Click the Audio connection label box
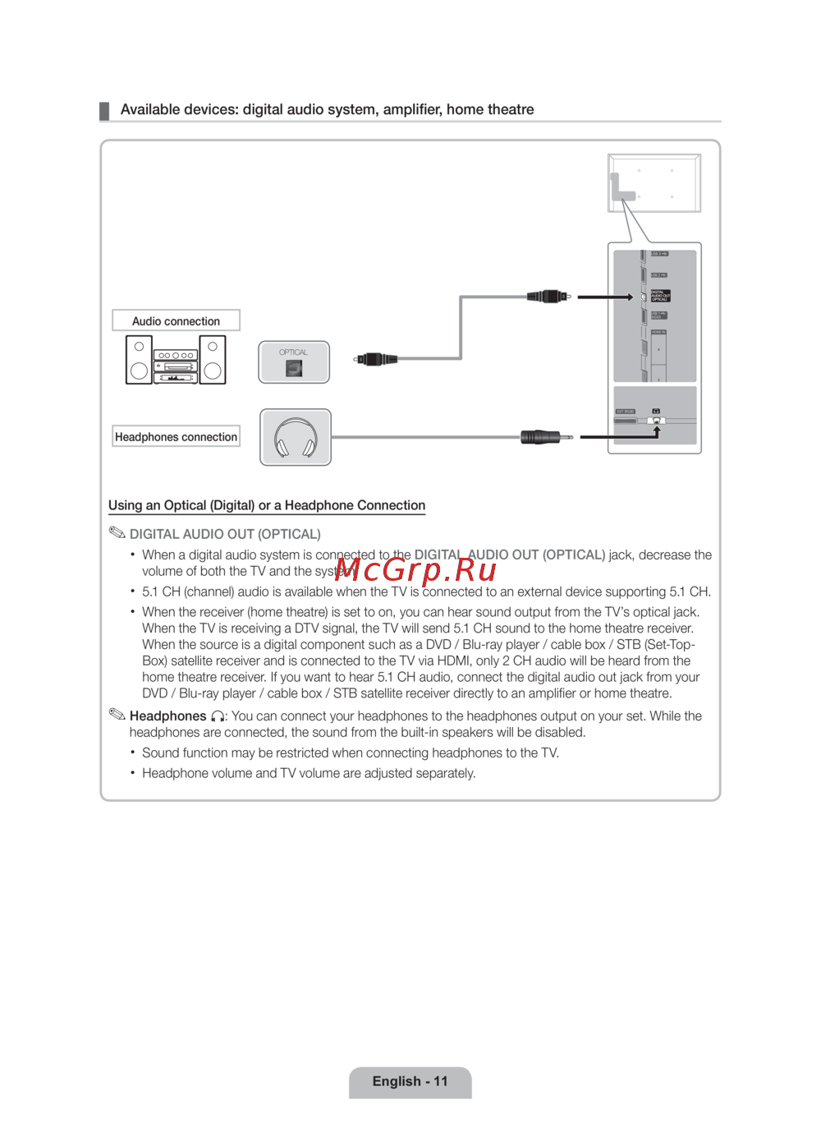pyautogui.click(x=176, y=320)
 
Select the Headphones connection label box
pyautogui.click(x=176, y=436)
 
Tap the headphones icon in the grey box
pyautogui.click(x=296, y=437)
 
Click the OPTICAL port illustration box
pyautogui.click(x=294, y=362)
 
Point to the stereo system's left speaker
pyautogui.click(x=139, y=360)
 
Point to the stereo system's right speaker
pyautogui.click(x=213, y=360)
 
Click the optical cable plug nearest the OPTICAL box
pyautogui.click(x=377, y=359)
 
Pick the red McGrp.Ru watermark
pyautogui.click(x=415, y=568)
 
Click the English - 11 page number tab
pyautogui.click(x=410, y=1081)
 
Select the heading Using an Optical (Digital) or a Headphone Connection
pyautogui.click(x=267, y=505)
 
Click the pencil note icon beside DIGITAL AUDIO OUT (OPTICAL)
pyautogui.click(x=117, y=533)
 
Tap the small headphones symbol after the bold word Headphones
pyautogui.click(x=218, y=716)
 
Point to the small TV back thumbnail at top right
pyautogui.click(x=654, y=183)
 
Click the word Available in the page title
pyautogui.click(x=150, y=109)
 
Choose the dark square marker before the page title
pyautogui.click(x=104, y=111)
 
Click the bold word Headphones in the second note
pyautogui.click(x=167, y=716)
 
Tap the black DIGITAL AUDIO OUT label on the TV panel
pyautogui.click(x=660, y=296)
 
